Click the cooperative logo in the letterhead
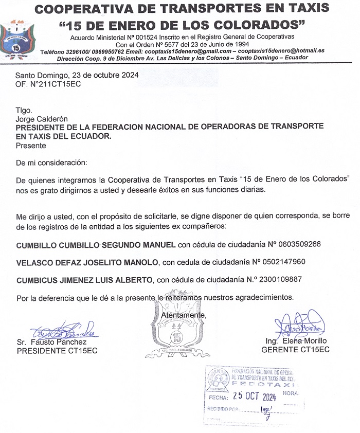pyautogui.click(x=18, y=39)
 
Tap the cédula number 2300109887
pyautogui.click(x=275, y=280)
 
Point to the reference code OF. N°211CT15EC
pyautogui.click(x=48, y=84)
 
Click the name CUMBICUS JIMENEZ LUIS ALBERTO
pyautogui.click(x=85, y=280)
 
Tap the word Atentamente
pyautogui.click(x=184, y=315)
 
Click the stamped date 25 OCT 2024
pyautogui.click(x=255, y=396)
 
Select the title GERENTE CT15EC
pyautogui.click(x=295, y=350)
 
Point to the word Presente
pyautogui.click(x=31, y=146)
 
